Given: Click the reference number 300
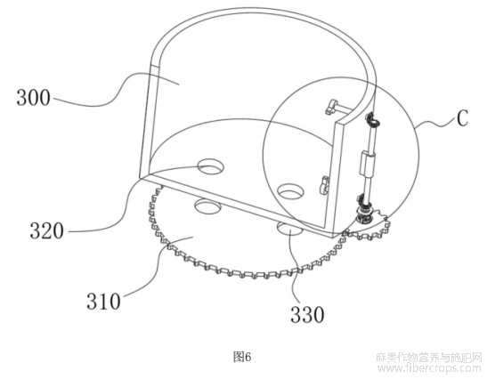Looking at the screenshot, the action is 33,98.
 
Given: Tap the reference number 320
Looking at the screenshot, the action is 47,231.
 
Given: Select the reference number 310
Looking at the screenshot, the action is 103,301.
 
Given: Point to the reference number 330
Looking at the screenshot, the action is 307,314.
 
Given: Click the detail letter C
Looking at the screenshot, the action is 462,118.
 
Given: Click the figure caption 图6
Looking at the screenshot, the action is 242,357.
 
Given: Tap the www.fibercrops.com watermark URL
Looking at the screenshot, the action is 429,368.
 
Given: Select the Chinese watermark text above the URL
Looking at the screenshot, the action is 429,358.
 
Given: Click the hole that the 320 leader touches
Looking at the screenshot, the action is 211,167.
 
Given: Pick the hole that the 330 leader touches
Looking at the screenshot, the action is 289,230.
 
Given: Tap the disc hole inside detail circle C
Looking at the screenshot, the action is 290,191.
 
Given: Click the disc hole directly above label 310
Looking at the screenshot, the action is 207,206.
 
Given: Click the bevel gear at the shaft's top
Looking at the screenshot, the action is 372,120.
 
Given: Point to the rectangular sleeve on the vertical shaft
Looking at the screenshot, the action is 367,162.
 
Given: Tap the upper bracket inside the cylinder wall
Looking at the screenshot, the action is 335,107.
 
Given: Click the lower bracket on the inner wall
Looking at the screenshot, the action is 323,185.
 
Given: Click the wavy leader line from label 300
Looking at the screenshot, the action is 116,90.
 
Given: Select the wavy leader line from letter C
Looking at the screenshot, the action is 434,125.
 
